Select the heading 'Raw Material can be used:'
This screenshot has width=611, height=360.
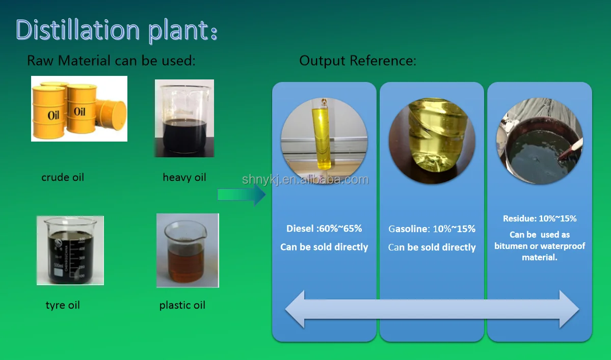(111, 61)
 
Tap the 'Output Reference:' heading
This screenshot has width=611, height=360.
(357, 61)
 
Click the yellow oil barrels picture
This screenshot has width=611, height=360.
(79, 108)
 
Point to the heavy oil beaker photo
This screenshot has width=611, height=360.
(184, 118)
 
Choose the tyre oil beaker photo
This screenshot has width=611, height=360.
(70, 250)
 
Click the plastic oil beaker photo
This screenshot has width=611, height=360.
(188, 250)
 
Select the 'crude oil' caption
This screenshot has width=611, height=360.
(63, 177)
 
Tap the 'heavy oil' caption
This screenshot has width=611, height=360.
(184, 177)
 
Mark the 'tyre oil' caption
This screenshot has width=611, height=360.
(63, 305)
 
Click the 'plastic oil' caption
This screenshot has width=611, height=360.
(182, 305)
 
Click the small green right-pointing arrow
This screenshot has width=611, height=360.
(241, 195)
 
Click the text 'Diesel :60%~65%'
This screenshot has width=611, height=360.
(324, 229)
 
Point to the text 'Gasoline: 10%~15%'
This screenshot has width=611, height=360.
(432, 229)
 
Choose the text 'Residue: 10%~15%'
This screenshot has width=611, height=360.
(540, 218)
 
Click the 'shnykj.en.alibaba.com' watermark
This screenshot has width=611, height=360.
(305, 180)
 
